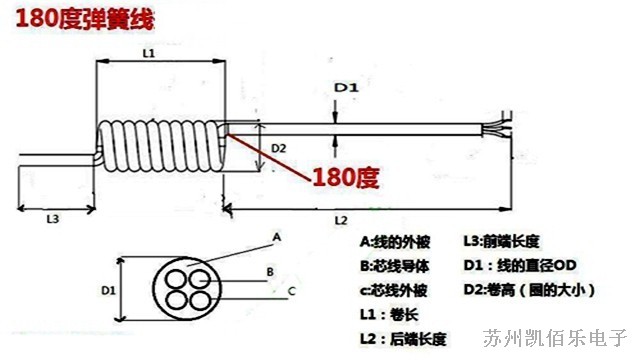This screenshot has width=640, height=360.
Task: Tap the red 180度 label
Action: coord(345,179)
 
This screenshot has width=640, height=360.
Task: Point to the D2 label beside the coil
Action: coord(279,148)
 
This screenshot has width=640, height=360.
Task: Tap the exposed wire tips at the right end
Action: coord(497,130)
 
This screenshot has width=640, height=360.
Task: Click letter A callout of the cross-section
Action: coord(277,237)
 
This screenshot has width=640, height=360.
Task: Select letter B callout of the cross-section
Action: coord(269,271)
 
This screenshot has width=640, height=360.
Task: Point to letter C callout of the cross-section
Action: coord(291,291)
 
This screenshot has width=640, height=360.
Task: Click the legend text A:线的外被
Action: coord(394,241)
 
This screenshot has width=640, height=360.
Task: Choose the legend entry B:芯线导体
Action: coord(394,266)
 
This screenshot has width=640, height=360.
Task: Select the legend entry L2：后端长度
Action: coord(403,339)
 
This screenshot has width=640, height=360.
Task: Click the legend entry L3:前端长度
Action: coord(501,241)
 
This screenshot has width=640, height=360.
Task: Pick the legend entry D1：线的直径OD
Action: coord(520,266)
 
